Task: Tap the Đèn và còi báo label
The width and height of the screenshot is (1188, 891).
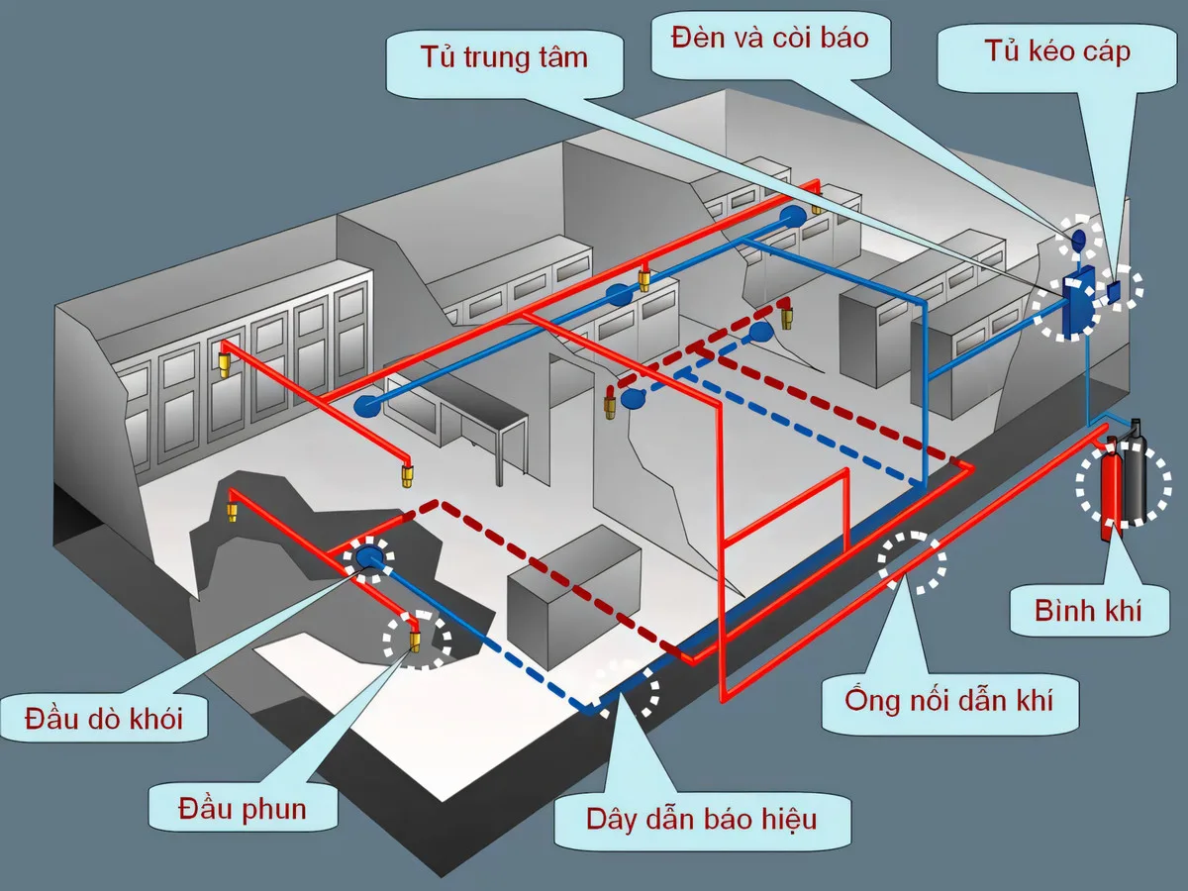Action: click(768, 38)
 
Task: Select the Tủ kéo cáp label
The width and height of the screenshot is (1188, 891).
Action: click(1056, 51)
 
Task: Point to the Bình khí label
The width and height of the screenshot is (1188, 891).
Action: click(1087, 610)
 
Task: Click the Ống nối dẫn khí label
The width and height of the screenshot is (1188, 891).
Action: click(947, 701)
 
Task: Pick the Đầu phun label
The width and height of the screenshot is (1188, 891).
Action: click(242, 809)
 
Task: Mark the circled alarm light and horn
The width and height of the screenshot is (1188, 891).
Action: click(1079, 239)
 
